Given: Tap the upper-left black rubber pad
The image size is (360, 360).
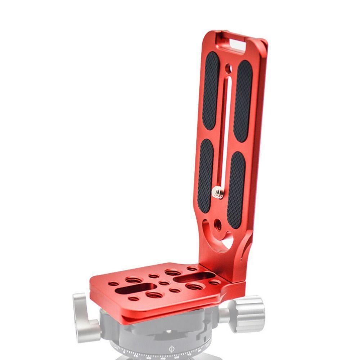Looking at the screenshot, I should coord(211,90).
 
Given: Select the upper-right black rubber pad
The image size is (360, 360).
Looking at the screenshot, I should coord(243,101).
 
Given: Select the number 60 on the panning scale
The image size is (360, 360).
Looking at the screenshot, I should coord(176,357).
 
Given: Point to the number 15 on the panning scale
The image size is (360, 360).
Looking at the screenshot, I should coord(136,354).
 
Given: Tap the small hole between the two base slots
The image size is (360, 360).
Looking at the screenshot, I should coord(164,283).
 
